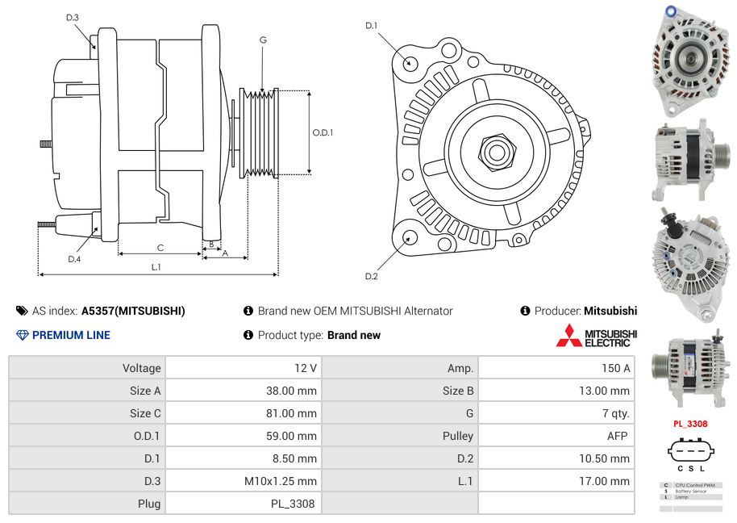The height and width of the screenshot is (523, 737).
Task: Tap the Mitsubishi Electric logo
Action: [596, 336]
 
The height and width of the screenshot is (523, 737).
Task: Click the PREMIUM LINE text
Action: [71, 335]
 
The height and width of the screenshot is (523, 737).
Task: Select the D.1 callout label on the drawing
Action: [372, 26]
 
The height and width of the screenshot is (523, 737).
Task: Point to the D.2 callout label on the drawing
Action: [372, 277]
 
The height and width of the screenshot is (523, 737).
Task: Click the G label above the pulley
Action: [263, 40]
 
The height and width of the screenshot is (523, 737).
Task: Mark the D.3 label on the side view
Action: [73, 18]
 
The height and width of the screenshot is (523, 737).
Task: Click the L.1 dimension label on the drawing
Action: [156, 267]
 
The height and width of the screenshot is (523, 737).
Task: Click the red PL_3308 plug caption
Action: [690, 424]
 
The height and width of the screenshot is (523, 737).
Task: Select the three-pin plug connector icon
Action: [691, 450]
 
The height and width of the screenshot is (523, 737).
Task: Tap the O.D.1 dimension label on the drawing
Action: [323, 133]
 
